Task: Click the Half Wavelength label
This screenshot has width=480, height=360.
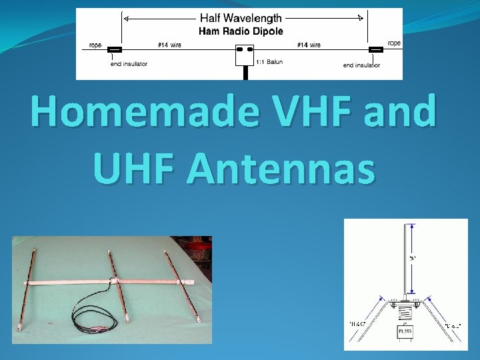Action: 243,19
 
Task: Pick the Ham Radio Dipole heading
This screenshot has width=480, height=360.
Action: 243,31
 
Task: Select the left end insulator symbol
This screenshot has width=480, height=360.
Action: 115,49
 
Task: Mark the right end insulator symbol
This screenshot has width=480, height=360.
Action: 376,49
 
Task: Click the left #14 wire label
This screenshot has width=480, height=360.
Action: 169,45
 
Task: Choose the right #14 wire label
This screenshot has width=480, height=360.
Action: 308,45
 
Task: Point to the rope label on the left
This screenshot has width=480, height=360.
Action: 96,45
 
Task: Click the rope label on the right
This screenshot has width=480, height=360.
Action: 394,43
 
